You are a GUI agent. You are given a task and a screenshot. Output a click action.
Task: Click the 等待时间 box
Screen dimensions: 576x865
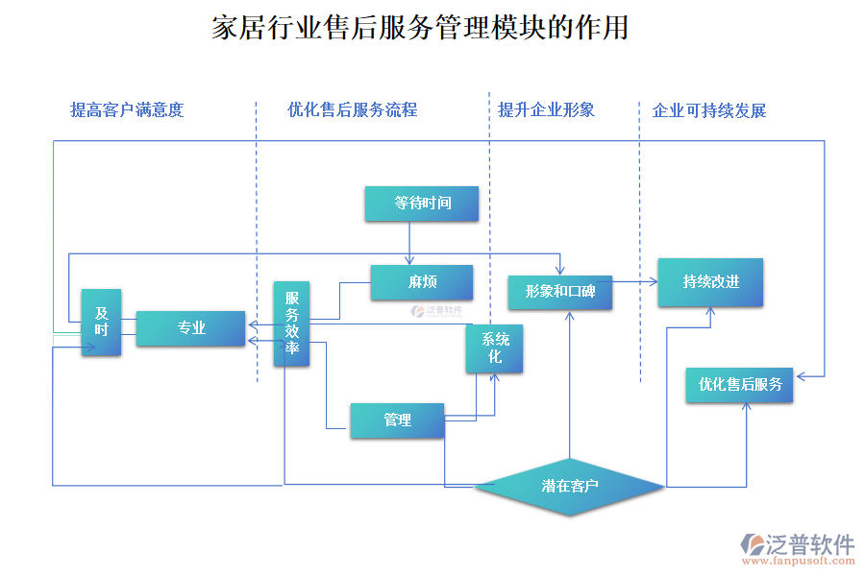[x=422, y=204]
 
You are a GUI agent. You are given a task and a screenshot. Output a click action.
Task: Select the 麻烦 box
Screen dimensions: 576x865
[x=422, y=282]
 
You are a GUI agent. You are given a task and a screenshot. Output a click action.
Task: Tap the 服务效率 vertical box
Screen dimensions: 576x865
[x=292, y=324]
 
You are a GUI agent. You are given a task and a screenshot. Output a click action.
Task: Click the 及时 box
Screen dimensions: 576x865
[x=101, y=322]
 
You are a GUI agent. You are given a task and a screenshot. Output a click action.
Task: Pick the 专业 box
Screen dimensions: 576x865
[x=190, y=328]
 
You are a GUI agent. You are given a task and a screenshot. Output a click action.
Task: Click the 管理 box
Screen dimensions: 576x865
[x=397, y=420]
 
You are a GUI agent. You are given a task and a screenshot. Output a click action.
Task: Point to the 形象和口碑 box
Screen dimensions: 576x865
[x=560, y=291]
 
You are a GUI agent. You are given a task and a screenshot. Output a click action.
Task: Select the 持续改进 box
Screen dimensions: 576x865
[x=710, y=282]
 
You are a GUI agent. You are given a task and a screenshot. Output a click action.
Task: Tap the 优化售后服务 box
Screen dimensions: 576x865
[x=739, y=385]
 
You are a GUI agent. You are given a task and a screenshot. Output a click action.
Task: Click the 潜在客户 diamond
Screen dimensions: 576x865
[x=570, y=487]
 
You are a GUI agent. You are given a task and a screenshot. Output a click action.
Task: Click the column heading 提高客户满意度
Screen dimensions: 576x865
[x=127, y=110]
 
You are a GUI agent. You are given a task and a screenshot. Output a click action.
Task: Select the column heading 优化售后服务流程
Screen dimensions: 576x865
[x=352, y=110]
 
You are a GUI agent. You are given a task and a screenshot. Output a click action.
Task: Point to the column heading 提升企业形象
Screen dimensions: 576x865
[x=546, y=110]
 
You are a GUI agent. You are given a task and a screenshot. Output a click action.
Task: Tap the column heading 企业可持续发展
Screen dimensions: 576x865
[x=709, y=110]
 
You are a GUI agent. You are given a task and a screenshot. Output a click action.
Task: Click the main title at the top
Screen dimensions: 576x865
[x=420, y=28]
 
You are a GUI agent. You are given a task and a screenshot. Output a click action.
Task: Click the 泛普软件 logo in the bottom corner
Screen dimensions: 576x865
[x=798, y=543]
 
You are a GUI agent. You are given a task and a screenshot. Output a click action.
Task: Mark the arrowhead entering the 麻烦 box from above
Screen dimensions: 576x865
[x=410, y=261]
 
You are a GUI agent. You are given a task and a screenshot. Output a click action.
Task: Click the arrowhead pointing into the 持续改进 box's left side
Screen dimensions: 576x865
[x=654, y=282]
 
